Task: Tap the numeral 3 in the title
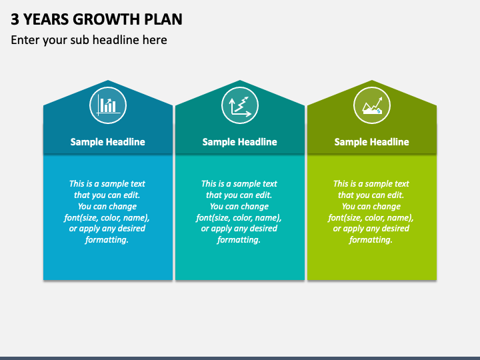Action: tap(15, 19)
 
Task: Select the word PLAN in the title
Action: tap(163, 19)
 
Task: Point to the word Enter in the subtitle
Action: tap(25, 40)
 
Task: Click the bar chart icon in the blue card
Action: tap(108, 105)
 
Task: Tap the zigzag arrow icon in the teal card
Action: tap(240, 105)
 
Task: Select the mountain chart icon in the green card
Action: tap(372, 105)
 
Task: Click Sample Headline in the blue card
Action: tap(108, 142)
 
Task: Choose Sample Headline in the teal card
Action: tap(240, 142)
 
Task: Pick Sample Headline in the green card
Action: tap(371, 142)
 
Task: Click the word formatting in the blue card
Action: tap(106, 240)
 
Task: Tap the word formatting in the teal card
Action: tap(239, 240)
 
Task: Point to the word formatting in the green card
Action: tap(371, 240)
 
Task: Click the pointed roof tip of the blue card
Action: tap(108, 80)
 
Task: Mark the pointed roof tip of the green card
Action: tap(372, 80)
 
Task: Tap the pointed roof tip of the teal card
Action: tap(240, 80)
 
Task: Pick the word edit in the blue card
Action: tap(131, 195)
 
